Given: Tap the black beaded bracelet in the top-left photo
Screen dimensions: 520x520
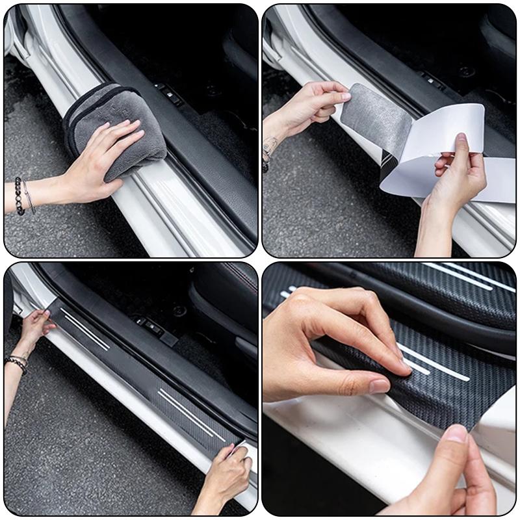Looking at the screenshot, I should click(19, 196).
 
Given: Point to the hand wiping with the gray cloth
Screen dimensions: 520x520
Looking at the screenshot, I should click(104, 162).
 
